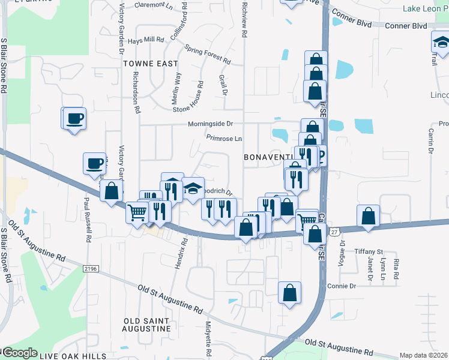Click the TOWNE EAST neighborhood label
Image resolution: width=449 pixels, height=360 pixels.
(x=150, y=63)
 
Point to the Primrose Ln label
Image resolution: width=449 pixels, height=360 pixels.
(x=224, y=138)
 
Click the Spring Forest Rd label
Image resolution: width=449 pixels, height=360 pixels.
(x=208, y=54)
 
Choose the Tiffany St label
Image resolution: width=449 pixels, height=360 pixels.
(x=369, y=251)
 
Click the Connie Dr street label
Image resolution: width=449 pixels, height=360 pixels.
(x=342, y=286)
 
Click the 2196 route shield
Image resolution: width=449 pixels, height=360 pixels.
(x=91, y=269)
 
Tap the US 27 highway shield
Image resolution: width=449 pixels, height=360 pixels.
(x=334, y=231)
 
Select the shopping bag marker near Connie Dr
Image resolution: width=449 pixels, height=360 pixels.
(x=289, y=293)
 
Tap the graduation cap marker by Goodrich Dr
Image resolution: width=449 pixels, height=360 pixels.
(x=193, y=188)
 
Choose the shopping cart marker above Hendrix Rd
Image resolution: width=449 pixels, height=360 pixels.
(x=137, y=212)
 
